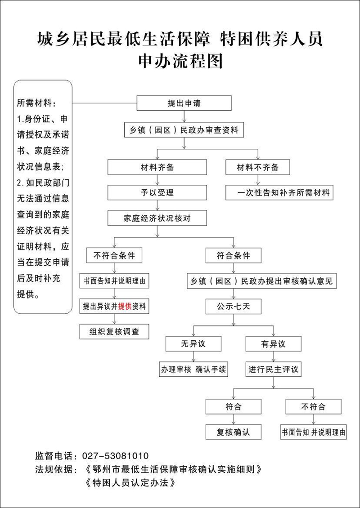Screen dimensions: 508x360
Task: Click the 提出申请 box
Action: (x=184, y=103)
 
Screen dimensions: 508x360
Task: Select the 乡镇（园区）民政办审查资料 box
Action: (x=184, y=130)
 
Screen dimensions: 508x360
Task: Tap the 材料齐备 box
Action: (x=157, y=167)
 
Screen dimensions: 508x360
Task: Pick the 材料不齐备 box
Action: (x=258, y=167)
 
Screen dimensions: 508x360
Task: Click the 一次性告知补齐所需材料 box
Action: (x=279, y=193)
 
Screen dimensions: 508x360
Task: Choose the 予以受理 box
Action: (x=157, y=193)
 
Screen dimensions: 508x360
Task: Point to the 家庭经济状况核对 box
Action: (x=157, y=218)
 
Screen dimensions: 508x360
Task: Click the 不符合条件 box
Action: (x=114, y=256)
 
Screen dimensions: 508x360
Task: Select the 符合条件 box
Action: (x=233, y=256)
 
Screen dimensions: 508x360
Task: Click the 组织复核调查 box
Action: (x=114, y=332)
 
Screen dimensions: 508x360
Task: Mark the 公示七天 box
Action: (x=233, y=307)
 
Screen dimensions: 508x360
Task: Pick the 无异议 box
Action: (x=193, y=344)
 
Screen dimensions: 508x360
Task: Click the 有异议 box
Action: (x=273, y=344)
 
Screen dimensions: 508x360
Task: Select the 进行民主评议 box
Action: (x=273, y=370)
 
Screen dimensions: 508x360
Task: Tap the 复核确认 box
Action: (x=233, y=432)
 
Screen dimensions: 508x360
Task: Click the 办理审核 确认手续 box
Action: (x=193, y=370)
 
